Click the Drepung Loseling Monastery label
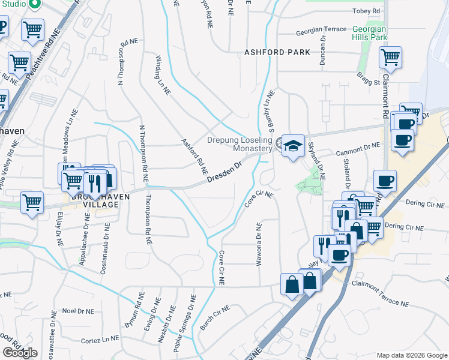(x=240, y=144)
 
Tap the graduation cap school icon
(x=292, y=146)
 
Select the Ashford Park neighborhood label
(x=277, y=52)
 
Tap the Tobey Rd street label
(x=367, y=11)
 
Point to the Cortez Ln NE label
(x=100, y=340)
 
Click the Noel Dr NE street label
(x=78, y=311)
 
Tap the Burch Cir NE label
(x=215, y=317)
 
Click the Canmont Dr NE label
(x=359, y=146)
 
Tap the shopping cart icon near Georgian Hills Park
(x=390, y=58)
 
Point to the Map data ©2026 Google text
(x=411, y=355)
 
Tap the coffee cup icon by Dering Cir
(x=384, y=180)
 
